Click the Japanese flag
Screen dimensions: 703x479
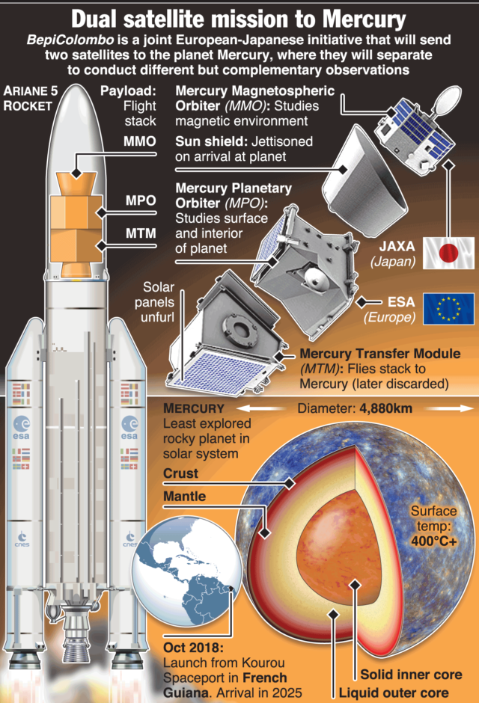click(449, 254)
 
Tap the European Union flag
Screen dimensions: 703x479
click(449, 309)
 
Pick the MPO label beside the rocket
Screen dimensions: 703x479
click(141, 202)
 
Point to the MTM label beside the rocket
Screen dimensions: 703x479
click(141, 233)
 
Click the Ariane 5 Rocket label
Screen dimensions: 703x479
click(29, 98)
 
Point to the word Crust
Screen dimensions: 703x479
click(181, 473)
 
